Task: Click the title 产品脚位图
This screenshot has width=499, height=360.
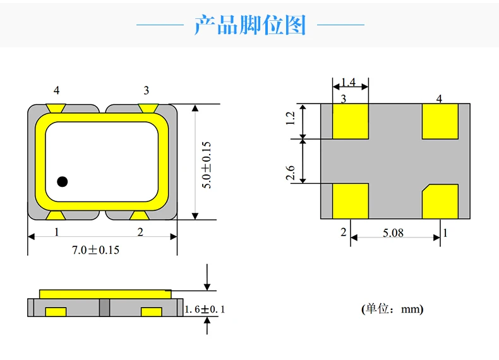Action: pos(249,25)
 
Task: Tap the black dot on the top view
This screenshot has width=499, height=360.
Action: pos(62,182)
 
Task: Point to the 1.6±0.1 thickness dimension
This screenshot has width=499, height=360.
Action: pos(204,309)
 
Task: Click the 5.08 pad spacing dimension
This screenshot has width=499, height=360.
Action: pos(393,233)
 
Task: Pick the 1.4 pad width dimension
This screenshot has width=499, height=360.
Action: pos(348,83)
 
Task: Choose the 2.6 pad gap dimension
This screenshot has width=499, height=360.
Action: pos(291,172)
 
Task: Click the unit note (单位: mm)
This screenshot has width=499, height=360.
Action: pos(392,309)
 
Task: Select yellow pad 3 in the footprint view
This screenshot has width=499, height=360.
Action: pos(350,121)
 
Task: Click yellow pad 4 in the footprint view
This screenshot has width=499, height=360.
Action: pos(440,121)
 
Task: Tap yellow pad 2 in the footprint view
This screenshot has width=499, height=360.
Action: pos(350,201)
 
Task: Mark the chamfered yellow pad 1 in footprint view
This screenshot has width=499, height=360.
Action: pos(440,201)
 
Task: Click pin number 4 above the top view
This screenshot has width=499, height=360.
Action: pos(57,91)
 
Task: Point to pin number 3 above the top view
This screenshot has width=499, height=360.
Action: pos(147,91)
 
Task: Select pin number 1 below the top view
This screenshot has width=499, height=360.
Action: pos(57,232)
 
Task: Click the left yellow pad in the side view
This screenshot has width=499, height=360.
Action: pos(56,311)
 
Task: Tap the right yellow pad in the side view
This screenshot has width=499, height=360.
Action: pos(152,311)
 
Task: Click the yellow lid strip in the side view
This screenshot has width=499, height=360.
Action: pos(105,294)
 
